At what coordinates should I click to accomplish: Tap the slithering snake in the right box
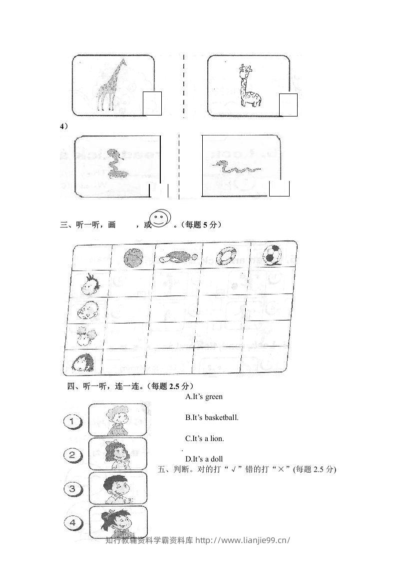coord(235,167)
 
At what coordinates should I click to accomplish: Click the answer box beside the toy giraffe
coord(288,104)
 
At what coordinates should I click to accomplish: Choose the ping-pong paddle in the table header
coord(177,257)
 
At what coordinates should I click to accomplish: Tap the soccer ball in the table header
coord(273,254)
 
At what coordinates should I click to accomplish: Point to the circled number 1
coord(73,422)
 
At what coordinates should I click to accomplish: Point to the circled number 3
coord(73,488)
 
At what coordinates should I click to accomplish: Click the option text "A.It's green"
coord(204,396)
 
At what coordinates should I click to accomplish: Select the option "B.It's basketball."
coord(212,417)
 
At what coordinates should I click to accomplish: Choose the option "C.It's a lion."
coord(204,438)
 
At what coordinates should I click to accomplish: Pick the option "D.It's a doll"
coord(204,459)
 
